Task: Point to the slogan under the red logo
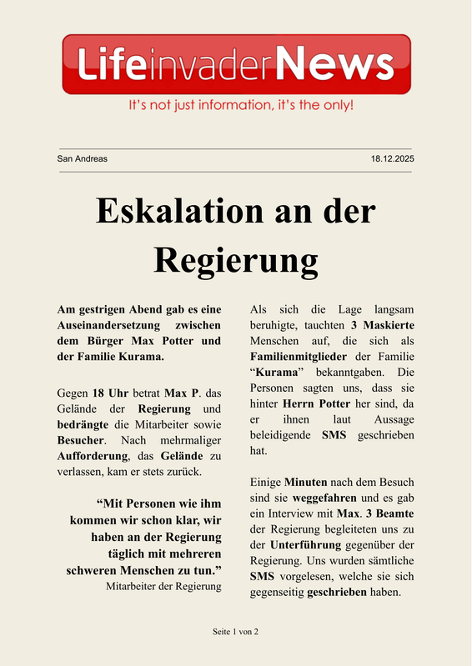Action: (x=240, y=107)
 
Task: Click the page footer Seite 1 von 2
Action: (x=236, y=633)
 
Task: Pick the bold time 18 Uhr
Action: (x=111, y=393)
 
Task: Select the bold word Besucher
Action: (x=80, y=439)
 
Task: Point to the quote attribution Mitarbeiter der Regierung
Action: (x=163, y=587)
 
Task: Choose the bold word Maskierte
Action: (x=388, y=324)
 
